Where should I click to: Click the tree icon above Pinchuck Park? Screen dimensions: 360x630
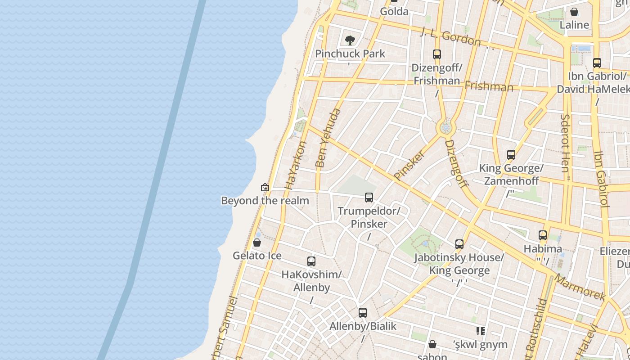(x=350, y=41)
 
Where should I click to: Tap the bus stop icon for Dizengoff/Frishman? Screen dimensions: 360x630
(x=436, y=54)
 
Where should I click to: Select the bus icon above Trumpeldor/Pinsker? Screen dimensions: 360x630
(x=369, y=198)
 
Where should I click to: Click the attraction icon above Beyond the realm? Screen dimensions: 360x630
(x=265, y=187)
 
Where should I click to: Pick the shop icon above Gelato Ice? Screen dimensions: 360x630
(x=257, y=243)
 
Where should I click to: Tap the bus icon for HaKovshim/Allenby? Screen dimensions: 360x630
(x=311, y=261)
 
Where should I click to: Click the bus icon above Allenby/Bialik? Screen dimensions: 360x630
(x=363, y=313)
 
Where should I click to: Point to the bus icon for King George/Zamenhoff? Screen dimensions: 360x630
(x=511, y=155)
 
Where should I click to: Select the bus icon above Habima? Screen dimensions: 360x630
(x=543, y=235)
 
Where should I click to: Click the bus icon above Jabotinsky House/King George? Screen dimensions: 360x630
(x=459, y=244)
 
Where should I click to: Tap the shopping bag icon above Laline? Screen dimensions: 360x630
(x=574, y=12)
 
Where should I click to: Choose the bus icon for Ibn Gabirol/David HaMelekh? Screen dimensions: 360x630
(x=597, y=63)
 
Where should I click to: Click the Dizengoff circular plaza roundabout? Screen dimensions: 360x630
(x=446, y=128)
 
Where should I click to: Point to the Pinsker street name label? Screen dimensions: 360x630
(x=409, y=165)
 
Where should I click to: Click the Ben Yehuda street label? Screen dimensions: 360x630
(x=329, y=138)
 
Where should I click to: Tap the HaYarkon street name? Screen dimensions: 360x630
(x=296, y=165)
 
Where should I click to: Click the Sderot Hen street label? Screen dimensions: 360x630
(x=565, y=143)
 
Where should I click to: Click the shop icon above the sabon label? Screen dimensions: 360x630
(x=432, y=345)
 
